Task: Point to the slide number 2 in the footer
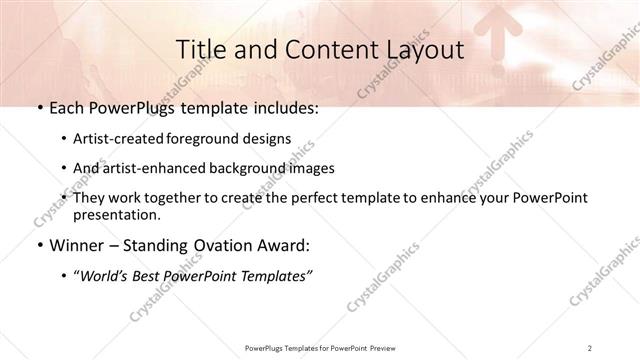tap(590, 347)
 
